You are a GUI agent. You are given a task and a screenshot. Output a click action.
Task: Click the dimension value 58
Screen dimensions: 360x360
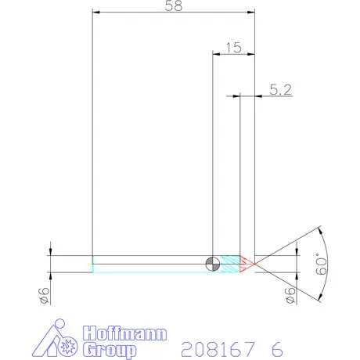click(x=176, y=6)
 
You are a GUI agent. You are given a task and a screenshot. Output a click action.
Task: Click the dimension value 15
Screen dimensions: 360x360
click(x=232, y=47)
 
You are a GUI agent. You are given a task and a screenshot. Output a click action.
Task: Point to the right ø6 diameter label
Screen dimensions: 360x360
click(x=291, y=295)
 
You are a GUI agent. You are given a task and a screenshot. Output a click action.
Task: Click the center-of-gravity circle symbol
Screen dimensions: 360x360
click(x=212, y=264)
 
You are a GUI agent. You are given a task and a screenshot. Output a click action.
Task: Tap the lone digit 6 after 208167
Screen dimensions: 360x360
click(x=277, y=347)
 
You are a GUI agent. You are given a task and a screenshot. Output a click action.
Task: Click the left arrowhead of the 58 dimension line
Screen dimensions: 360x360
click(x=95, y=12)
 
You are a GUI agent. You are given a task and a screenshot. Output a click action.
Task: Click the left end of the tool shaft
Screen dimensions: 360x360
click(x=93, y=264)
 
